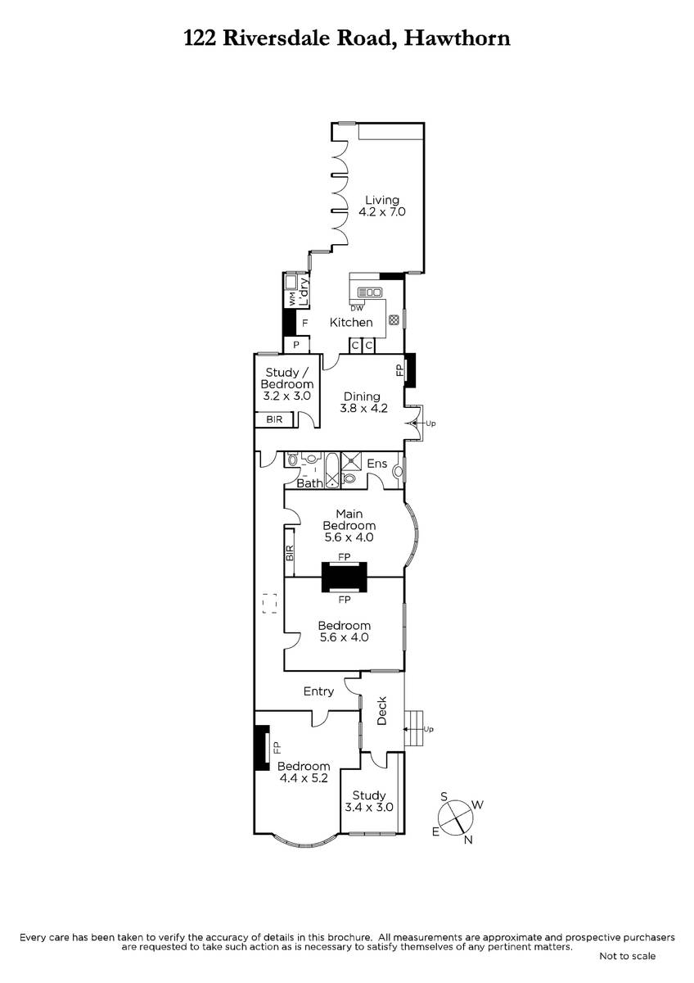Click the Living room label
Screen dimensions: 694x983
(382, 206)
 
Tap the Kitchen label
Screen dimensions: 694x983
(351, 323)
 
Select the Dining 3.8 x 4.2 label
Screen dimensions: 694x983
(363, 402)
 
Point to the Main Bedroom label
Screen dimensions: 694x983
(349, 525)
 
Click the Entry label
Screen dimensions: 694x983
(318, 691)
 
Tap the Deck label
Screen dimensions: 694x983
(382, 710)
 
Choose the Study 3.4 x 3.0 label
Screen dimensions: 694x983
(369, 801)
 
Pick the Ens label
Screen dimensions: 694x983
(377, 464)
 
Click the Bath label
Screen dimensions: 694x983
(309, 483)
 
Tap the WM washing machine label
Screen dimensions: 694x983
(291, 299)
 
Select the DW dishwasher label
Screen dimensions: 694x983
(357, 308)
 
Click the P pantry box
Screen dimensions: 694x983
(296, 345)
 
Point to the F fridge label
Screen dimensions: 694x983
(305, 324)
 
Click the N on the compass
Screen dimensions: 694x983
(468, 840)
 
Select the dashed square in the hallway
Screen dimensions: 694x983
(269, 604)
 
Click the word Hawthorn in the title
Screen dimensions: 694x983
(457, 39)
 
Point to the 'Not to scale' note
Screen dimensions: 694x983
(628, 956)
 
